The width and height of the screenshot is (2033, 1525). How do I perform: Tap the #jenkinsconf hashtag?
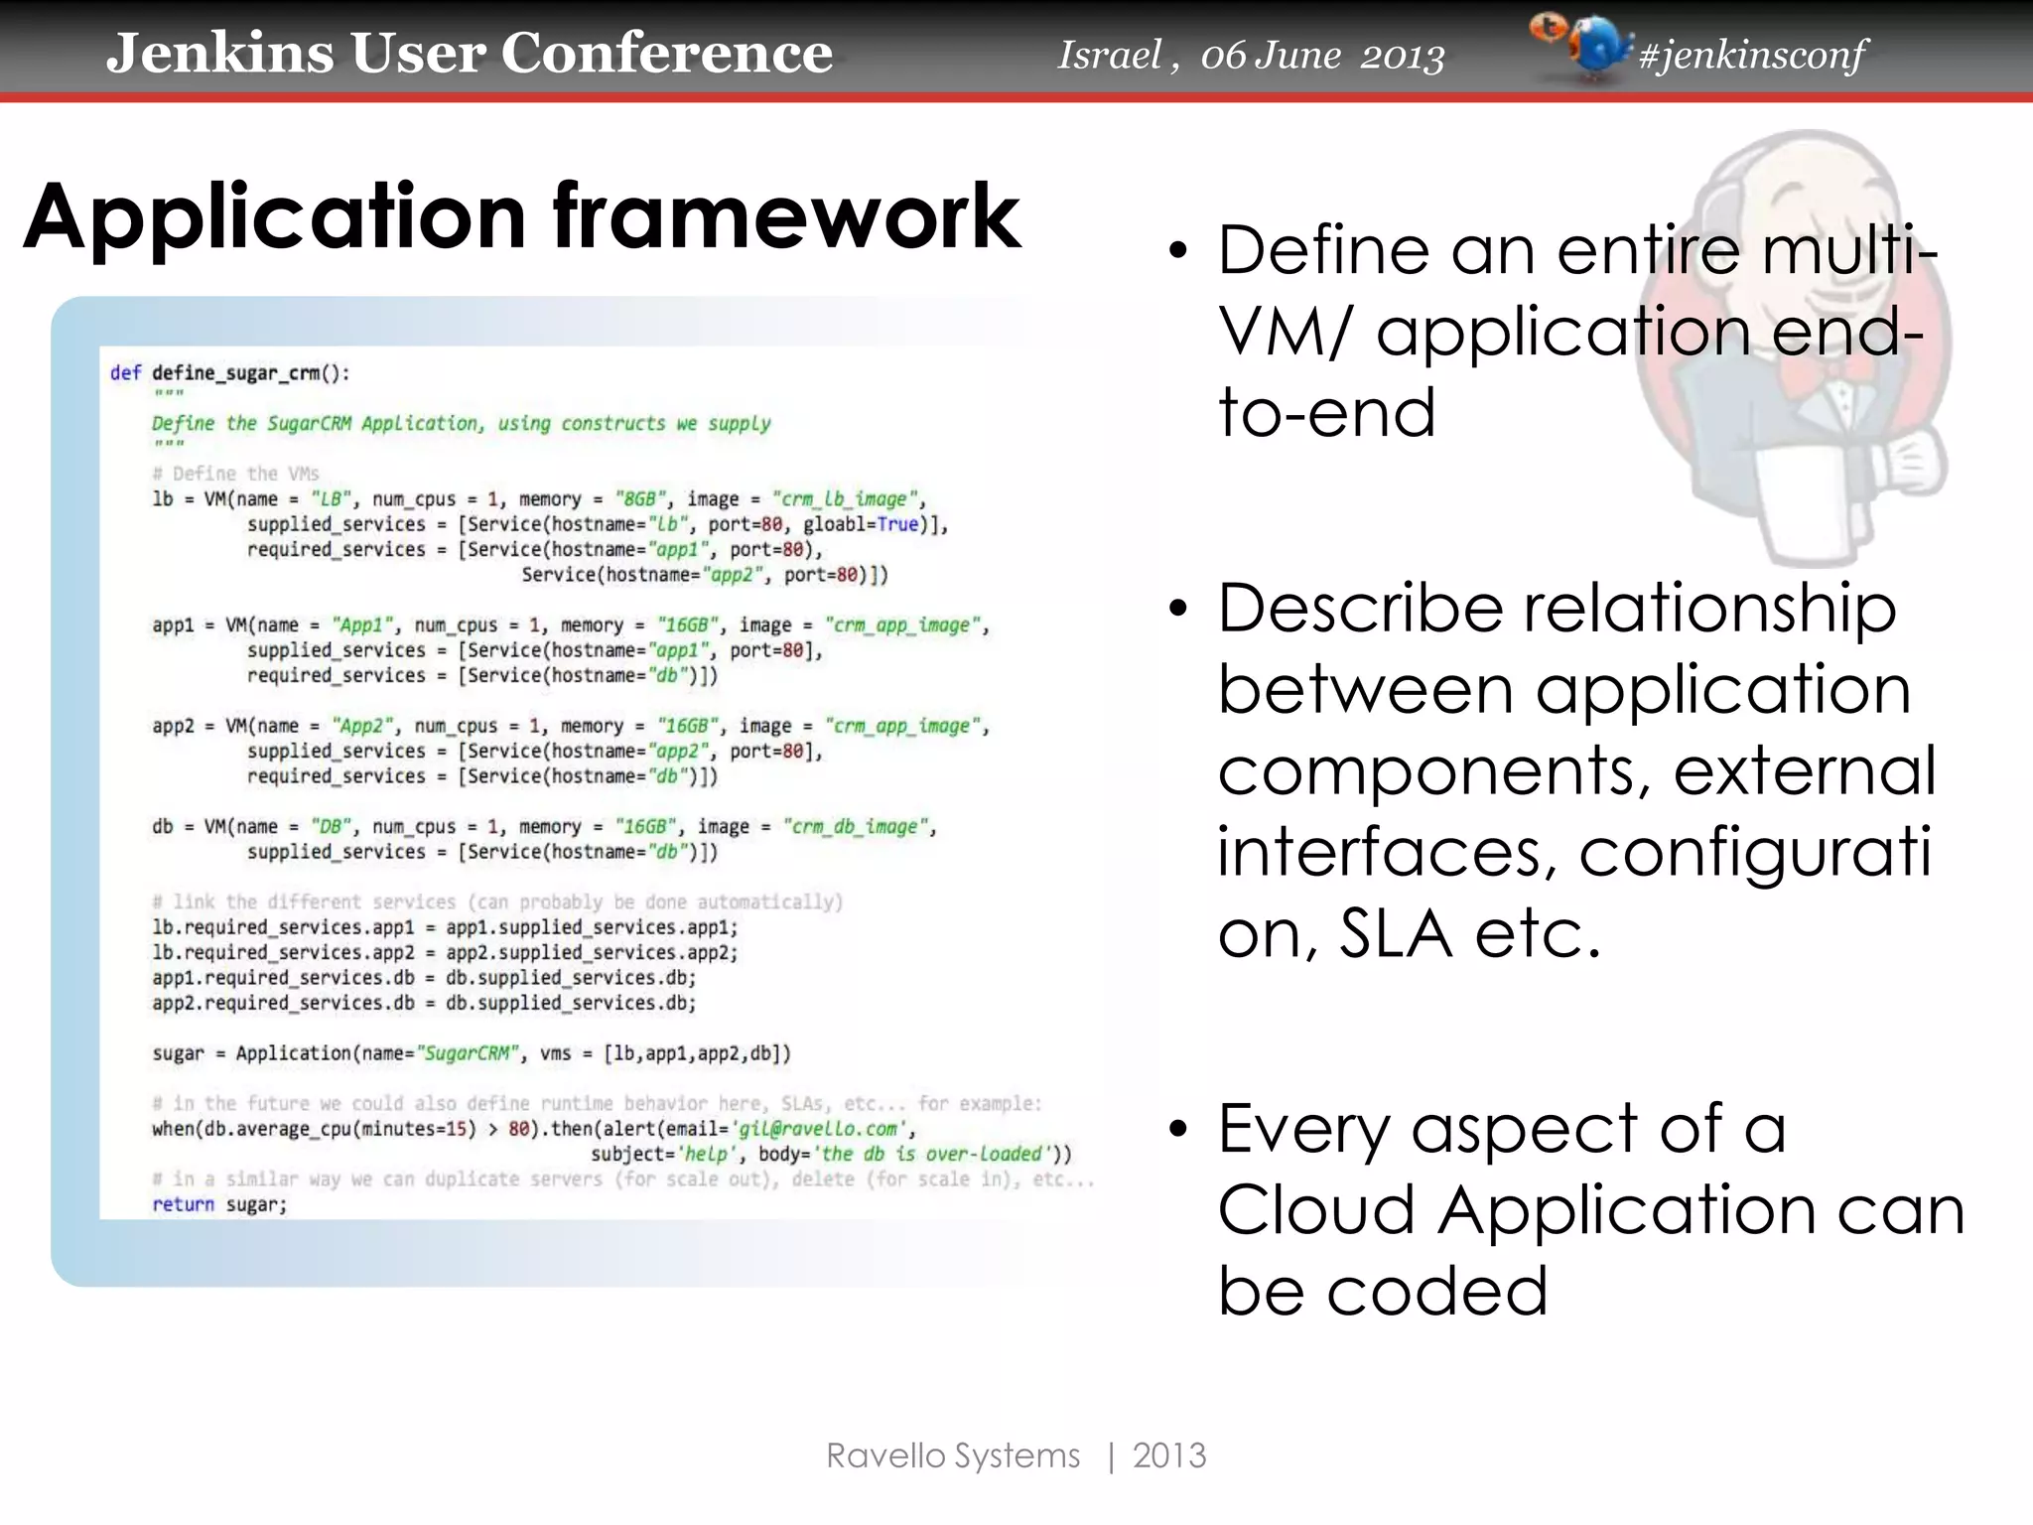(x=1752, y=56)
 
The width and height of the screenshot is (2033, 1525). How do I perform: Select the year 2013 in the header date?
(x=1402, y=57)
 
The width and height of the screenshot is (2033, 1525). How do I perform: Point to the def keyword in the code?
(x=125, y=373)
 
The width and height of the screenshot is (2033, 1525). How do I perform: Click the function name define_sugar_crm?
(x=236, y=373)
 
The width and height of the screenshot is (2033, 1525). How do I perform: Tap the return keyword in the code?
(x=183, y=1204)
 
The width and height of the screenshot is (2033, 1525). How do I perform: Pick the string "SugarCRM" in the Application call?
(x=468, y=1053)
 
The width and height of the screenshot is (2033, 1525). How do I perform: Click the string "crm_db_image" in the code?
(x=858, y=826)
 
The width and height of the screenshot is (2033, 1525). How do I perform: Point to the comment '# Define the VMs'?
(x=235, y=474)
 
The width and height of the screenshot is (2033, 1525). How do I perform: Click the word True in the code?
(x=897, y=524)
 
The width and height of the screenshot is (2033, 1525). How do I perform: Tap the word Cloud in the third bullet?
(x=1315, y=1210)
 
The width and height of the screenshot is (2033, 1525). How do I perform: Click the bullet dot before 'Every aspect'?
(x=1177, y=1129)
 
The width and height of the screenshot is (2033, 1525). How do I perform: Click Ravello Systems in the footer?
(x=953, y=1456)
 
